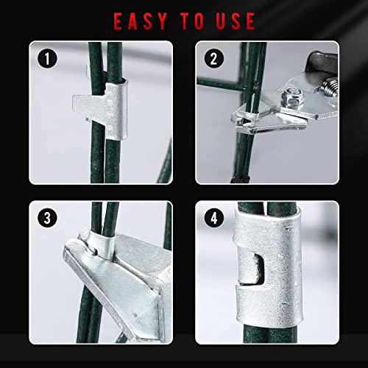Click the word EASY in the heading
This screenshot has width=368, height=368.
click(141, 21)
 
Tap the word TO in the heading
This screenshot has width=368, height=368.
click(192, 21)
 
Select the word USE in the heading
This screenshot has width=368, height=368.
click(236, 21)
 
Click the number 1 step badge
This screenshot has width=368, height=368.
click(47, 59)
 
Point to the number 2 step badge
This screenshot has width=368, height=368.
click(214, 59)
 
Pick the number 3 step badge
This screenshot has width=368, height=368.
click(47, 218)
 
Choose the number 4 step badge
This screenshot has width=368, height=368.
click(214, 218)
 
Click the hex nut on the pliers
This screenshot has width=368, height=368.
click(293, 96)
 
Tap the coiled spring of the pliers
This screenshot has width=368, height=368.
click(329, 86)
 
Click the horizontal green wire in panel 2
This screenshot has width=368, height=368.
click(222, 84)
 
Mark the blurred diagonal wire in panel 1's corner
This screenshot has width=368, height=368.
click(166, 162)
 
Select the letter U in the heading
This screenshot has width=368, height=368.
click(222, 21)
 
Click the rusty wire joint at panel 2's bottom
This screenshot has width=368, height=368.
click(241, 179)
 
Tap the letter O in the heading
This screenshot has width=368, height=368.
click(198, 21)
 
